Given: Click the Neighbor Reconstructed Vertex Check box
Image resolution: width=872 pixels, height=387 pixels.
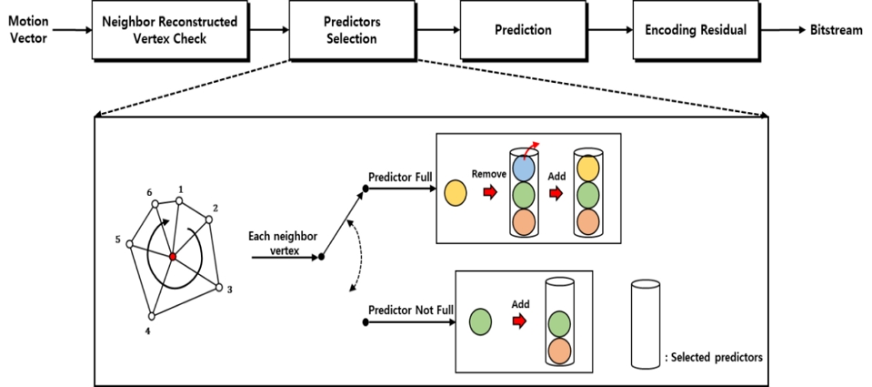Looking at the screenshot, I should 169,30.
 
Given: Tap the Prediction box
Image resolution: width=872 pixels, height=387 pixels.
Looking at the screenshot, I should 522,30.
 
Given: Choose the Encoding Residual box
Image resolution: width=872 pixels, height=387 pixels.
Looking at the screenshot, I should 696,30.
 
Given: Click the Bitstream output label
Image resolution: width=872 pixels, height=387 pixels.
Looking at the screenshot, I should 837,30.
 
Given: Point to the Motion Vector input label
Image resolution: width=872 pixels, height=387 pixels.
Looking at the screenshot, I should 28,30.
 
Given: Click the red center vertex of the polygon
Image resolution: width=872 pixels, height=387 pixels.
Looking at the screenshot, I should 172,258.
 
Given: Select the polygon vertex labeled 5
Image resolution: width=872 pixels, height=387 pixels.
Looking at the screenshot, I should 131,244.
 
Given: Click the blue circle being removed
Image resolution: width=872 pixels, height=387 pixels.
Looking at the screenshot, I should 523,167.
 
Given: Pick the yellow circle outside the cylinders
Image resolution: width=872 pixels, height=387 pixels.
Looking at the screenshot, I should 456,192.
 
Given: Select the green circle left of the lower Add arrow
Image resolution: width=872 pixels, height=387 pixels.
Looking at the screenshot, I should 480,321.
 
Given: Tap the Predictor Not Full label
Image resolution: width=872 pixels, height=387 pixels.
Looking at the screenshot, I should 410,309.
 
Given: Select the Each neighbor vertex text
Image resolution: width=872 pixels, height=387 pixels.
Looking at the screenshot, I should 283,242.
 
